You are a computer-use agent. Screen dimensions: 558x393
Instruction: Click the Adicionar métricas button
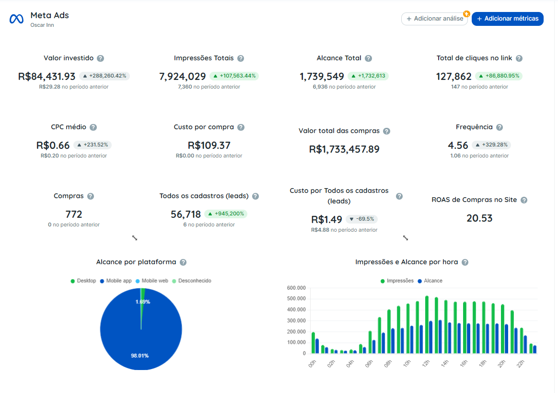508,19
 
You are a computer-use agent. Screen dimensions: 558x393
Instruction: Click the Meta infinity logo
16,19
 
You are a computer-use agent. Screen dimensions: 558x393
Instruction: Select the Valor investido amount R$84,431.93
46,77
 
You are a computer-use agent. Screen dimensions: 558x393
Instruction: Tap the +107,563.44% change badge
234,76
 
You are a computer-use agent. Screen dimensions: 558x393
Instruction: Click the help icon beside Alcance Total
368,58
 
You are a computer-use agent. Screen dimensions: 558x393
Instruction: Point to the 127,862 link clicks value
453,77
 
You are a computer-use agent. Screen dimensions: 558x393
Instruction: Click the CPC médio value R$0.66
53,146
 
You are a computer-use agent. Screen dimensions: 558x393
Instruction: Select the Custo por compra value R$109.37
209,146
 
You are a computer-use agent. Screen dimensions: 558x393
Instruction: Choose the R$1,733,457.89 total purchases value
344,149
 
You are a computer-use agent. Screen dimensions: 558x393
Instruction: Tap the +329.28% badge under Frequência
491,145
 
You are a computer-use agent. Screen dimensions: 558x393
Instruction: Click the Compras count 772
74,214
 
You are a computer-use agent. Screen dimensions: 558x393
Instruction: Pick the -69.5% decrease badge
362,219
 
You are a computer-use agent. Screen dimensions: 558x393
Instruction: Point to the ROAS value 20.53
479,218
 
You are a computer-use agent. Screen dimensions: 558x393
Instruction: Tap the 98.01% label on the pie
140,356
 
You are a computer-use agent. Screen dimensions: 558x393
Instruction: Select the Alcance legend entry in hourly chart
430,281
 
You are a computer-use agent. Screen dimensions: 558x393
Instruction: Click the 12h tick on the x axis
426,363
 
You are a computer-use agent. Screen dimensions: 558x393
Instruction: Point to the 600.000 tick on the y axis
296,288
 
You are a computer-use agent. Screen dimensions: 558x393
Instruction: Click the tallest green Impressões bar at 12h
427,325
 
